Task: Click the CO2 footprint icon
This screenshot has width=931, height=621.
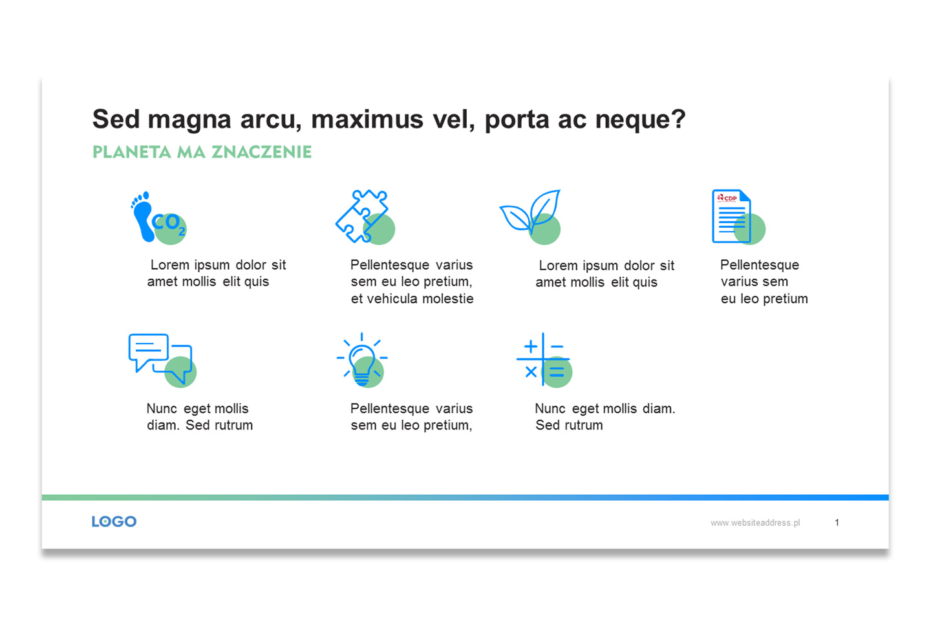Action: pos(158,217)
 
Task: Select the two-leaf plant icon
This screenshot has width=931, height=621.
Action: pos(530,217)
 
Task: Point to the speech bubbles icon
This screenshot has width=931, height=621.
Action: pos(162,360)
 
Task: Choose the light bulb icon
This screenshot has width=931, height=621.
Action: pos(362,360)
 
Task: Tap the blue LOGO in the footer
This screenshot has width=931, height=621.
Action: pos(114,521)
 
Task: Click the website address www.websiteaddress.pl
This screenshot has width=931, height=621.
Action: pos(754,523)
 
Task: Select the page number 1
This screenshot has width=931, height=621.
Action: pos(837,523)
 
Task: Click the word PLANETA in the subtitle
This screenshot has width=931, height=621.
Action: pos(132,152)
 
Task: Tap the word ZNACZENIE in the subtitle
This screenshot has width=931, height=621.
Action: pos(261,152)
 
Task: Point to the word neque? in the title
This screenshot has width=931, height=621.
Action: pos(640,120)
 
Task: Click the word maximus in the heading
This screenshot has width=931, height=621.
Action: pos(367,120)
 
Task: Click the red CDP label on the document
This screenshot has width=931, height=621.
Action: pos(727,198)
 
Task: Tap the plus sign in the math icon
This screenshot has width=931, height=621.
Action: pos(531,346)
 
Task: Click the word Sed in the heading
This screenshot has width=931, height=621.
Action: pos(116,120)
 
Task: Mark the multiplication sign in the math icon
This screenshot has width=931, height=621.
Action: pos(531,372)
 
